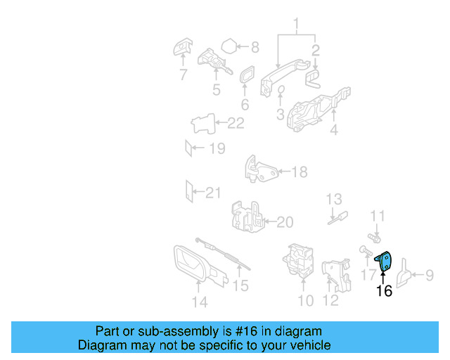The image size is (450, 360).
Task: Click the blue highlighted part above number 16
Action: point(384,261)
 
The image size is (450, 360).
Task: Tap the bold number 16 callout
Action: point(384,290)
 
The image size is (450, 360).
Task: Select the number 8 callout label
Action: point(255,47)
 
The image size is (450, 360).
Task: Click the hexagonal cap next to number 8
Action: point(229,46)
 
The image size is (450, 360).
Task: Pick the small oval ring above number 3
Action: point(281,89)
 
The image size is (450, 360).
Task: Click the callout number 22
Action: point(236,123)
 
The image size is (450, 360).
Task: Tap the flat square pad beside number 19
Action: point(188,148)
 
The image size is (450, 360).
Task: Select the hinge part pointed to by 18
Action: point(261,170)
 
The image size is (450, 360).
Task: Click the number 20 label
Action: point(285,222)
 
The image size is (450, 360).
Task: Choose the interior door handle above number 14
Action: point(198,264)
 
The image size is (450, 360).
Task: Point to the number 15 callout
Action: point(240,285)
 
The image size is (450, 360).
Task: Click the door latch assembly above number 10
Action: point(298,261)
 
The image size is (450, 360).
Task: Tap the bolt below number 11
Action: point(374,238)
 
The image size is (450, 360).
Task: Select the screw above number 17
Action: point(366,250)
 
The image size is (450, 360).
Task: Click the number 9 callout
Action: point(430,275)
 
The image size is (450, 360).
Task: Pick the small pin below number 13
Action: point(338,218)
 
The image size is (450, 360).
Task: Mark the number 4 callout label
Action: point(334,130)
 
